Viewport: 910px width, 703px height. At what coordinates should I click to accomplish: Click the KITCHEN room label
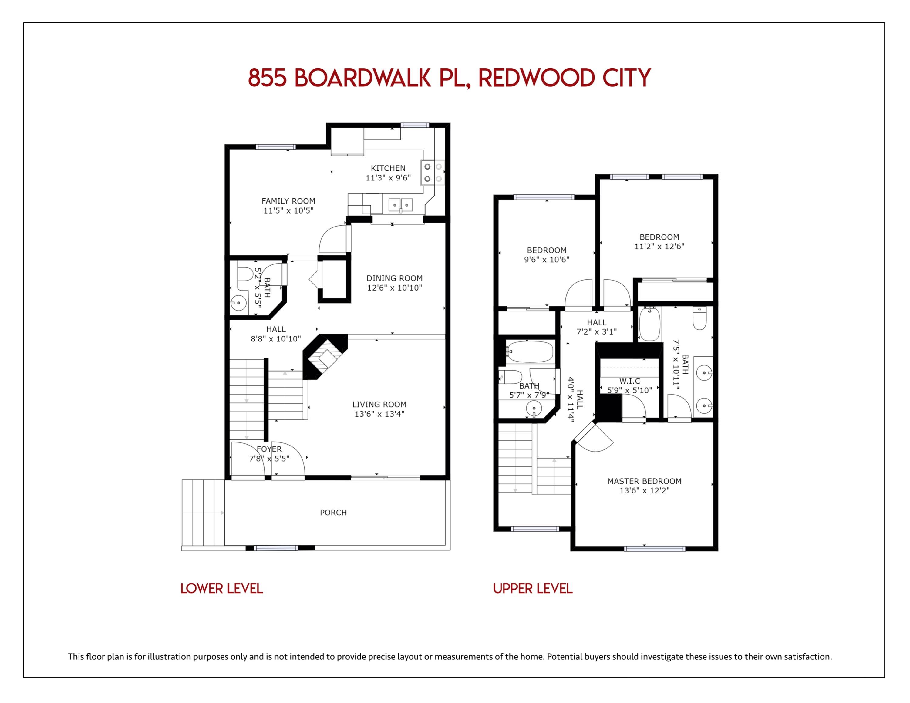388,168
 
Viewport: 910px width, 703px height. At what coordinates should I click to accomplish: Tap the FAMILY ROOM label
288,201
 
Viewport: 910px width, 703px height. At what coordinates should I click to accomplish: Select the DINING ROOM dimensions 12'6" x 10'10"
395,288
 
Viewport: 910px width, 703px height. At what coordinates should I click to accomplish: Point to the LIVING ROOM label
379,404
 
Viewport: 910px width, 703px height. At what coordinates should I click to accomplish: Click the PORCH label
333,513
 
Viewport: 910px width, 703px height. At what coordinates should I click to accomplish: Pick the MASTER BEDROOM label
644,481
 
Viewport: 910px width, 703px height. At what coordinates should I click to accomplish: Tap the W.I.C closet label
630,381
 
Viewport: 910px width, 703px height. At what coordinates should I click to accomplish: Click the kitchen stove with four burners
433,173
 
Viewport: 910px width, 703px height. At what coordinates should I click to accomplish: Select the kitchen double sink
401,205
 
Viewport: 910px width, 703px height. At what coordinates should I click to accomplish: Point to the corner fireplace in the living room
325,356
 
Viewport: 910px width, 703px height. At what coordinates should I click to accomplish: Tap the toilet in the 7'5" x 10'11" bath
699,319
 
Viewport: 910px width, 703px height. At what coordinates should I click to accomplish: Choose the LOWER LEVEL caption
222,588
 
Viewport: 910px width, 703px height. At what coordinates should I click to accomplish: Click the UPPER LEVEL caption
532,588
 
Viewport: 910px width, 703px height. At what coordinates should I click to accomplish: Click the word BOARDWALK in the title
362,78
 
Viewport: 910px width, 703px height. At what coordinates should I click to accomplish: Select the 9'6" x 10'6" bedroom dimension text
547,260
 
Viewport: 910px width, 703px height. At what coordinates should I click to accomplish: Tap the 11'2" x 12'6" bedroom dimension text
659,246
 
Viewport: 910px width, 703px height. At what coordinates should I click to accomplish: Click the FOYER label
269,449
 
